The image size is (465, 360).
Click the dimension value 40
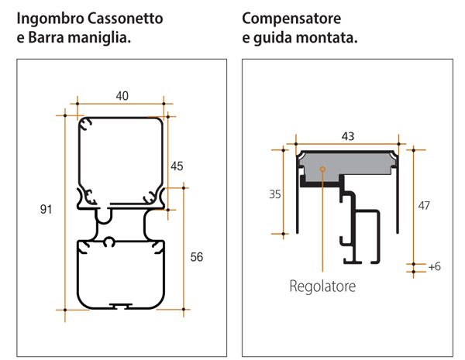click(122, 95)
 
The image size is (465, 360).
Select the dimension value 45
click(177, 166)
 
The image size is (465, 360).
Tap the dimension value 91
click(46, 209)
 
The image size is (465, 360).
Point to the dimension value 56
click(197, 257)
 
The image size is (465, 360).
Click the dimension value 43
click(348, 135)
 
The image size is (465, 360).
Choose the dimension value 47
click(423, 205)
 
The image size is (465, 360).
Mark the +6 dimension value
click(433, 266)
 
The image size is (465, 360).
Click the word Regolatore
click(322, 286)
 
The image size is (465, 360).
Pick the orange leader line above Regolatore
click(321, 225)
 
